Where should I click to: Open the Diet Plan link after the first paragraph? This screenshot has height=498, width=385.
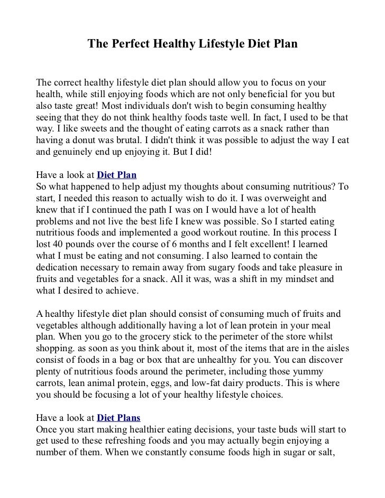[x=117, y=175]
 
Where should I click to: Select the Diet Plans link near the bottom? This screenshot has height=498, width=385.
[x=119, y=418]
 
